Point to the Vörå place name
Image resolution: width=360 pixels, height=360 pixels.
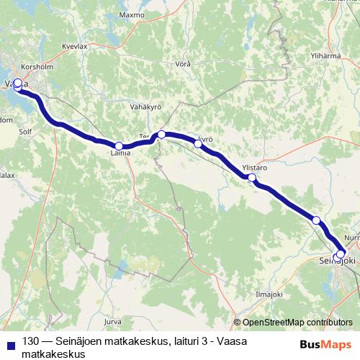(184, 64)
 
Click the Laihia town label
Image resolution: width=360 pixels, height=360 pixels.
(120, 153)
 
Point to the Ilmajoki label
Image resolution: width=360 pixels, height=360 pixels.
(270, 294)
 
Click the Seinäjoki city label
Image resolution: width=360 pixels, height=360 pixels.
(338, 262)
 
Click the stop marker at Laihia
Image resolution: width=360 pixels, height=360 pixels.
(119, 146)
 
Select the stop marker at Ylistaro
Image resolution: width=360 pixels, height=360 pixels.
(252, 177)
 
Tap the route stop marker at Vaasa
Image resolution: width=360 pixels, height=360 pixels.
(18, 84)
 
